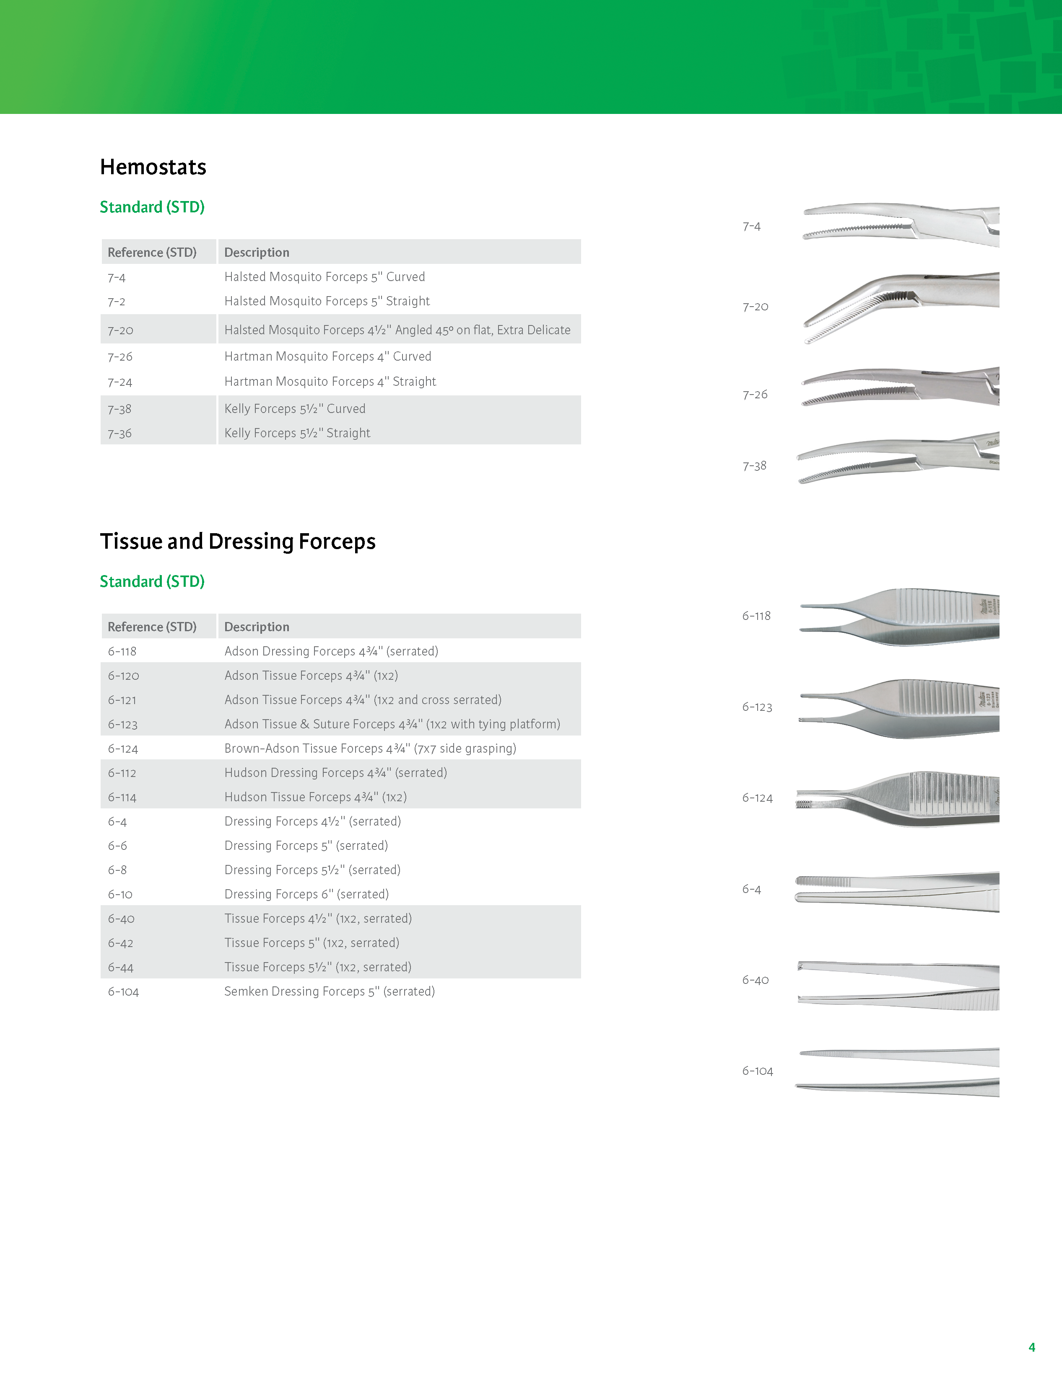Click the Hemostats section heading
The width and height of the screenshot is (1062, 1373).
tap(153, 167)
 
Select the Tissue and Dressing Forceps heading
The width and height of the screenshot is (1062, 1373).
tap(237, 541)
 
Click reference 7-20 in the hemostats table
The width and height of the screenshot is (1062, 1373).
tap(120, 330)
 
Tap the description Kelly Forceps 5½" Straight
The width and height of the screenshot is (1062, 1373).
tap(297, 433)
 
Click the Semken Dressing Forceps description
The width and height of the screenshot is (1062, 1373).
tap(329, 991)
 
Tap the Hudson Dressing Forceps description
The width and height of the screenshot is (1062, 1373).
tap(335, 773)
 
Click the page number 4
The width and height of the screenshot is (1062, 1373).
tap(1032, 1347)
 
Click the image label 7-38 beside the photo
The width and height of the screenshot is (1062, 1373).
tap(754, 466)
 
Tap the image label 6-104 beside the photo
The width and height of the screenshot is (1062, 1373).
tap(758, 1071)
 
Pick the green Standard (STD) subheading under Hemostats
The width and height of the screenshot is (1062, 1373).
tap(152, 207)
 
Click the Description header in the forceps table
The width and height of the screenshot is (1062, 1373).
tap(257, 627)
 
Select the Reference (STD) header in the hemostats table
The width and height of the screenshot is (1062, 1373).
tap(152, 252)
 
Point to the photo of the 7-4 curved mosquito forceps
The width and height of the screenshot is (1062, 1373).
tap(900, 225)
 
